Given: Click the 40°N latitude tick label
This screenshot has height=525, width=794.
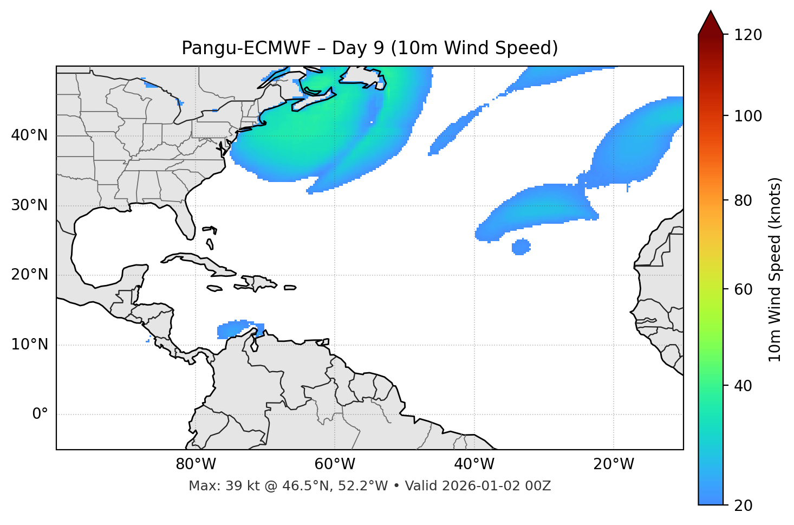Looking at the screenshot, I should tap(29, 135).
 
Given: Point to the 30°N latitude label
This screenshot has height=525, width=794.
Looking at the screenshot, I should tap(29, 205).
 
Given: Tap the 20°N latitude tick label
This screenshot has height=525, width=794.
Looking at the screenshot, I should tap(29, 275).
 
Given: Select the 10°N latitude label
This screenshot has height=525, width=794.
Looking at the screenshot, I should tap(29, 345).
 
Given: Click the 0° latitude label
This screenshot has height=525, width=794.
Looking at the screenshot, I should tap(40, 414).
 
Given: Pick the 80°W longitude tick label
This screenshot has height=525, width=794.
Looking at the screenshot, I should tap(196, 464).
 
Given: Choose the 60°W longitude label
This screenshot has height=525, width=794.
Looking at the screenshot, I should tap(335, 464).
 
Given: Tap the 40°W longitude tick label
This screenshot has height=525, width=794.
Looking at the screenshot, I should tap(474, 464).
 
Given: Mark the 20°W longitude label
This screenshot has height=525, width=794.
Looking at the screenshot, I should tap(613, 464).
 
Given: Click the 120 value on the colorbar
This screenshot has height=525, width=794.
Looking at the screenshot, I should tap(748, 35).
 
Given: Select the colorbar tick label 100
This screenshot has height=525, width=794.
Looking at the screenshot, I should tap(748, 116).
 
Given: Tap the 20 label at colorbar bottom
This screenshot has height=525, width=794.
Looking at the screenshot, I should tap(743, 505).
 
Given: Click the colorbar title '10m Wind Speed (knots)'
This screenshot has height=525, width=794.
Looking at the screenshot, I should tap(775, 270).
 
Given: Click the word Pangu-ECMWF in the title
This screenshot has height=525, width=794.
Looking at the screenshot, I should tap(246, 48).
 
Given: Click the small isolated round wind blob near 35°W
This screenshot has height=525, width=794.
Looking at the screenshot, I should tap(521, 247).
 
